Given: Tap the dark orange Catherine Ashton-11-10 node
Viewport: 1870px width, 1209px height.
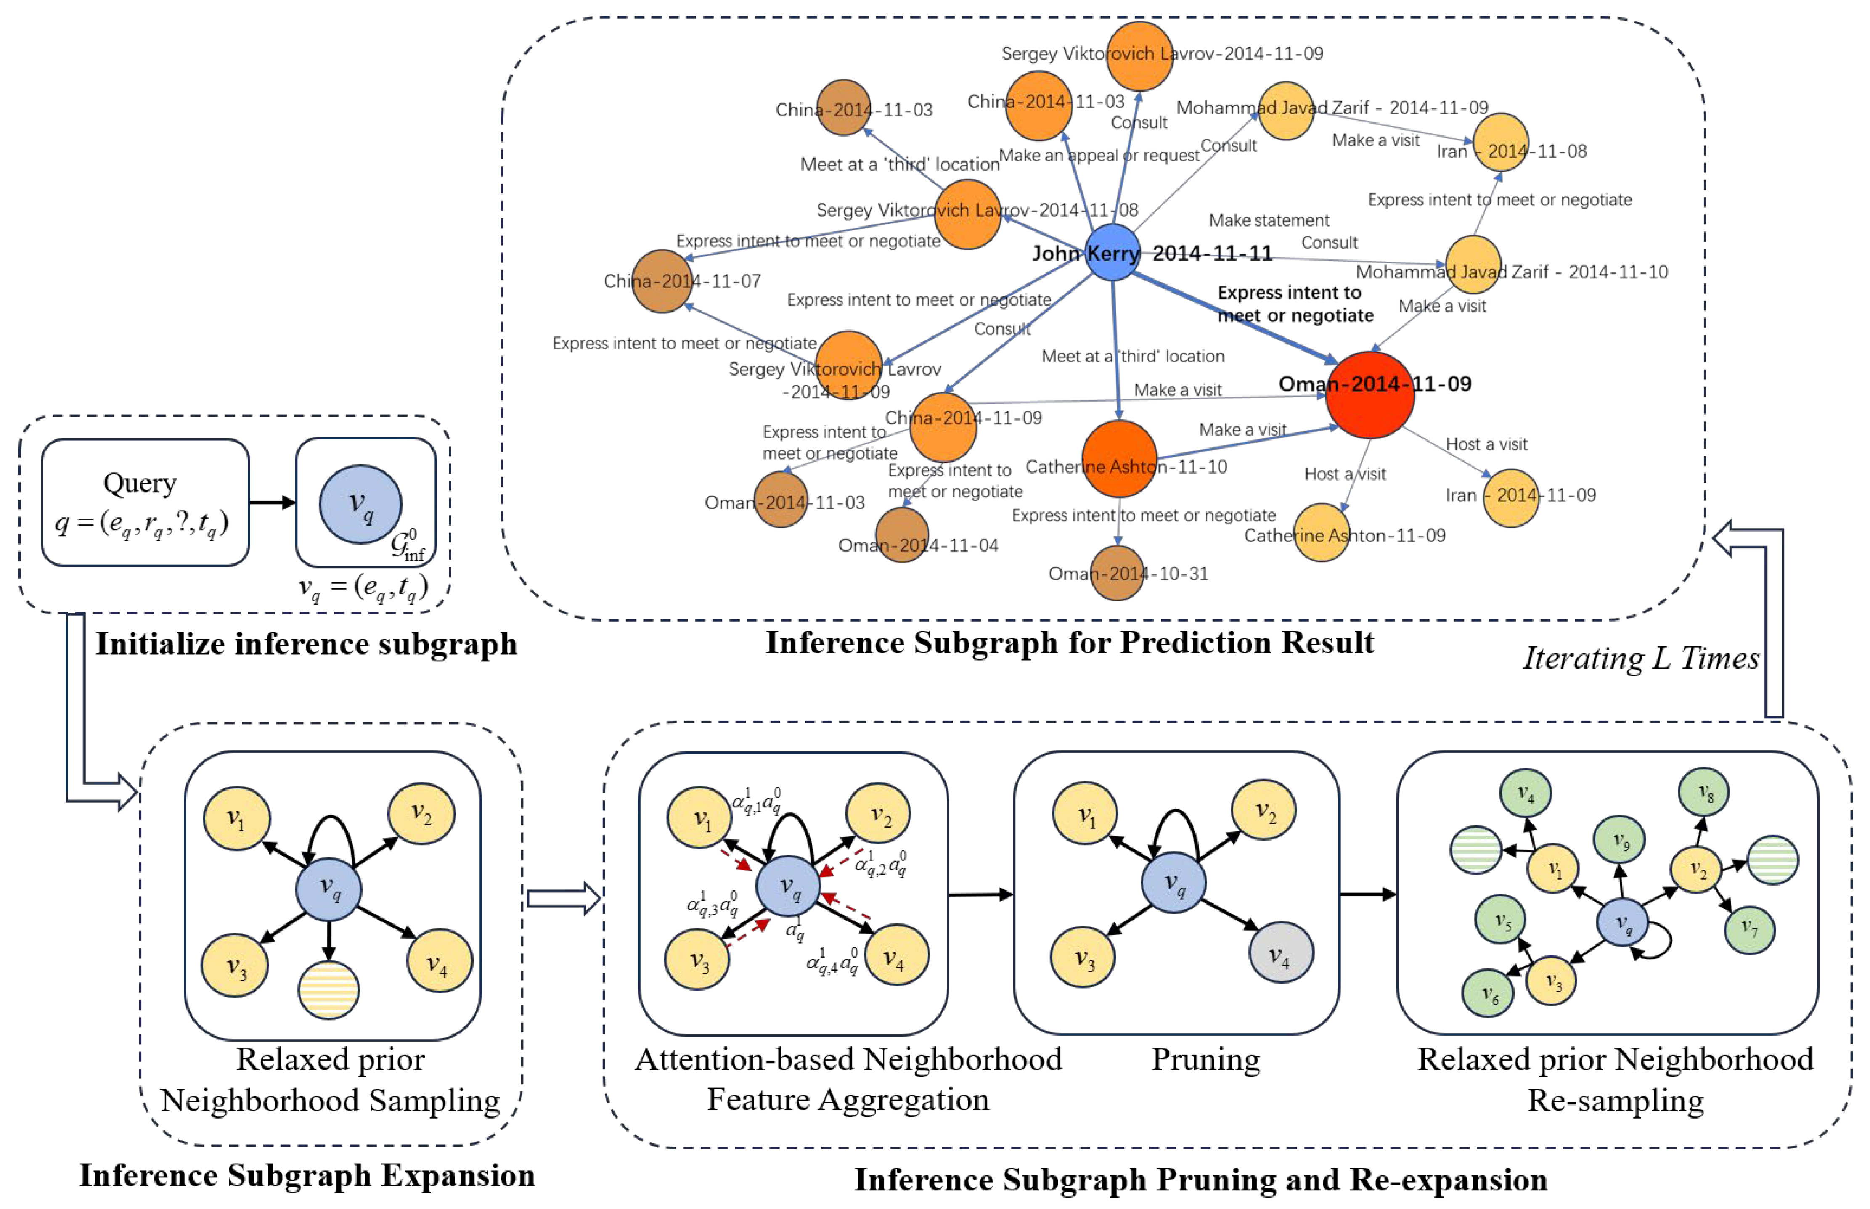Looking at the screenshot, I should [x=1119, y=458].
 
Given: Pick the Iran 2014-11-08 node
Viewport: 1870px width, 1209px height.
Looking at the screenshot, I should [x=1500, y=142].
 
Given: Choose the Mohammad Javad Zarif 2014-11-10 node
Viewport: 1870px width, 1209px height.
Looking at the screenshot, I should [x=1473, y=265].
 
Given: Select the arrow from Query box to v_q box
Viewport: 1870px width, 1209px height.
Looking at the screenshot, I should [x=272, y=503].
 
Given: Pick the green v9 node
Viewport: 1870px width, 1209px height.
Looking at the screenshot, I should [x=1619, y=839].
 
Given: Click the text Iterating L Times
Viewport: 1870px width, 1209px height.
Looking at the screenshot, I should [x=1641, y=658].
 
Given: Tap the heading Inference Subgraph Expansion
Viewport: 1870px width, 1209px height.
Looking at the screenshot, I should [x=307, y=1175].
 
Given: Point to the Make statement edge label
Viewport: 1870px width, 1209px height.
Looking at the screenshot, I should [x=1269, y=221].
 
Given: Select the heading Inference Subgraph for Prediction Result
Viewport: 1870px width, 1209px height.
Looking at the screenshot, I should [x=1069, y=642].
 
